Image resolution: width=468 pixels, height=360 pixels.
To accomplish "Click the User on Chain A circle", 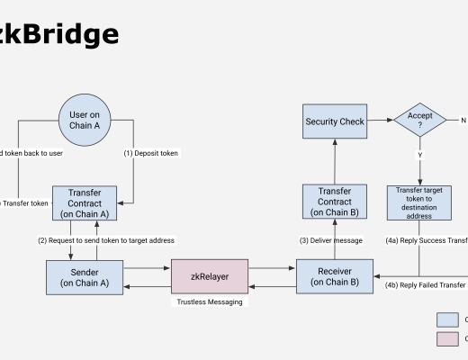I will pos(84,120).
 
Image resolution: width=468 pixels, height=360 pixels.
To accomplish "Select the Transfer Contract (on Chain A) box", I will pos(84,203).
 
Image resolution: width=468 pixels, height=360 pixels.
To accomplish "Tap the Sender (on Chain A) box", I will pos(84,276).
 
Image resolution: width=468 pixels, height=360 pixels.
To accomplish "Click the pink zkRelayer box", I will pos(209,276).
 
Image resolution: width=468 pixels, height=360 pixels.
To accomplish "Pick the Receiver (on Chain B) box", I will pos(334,276).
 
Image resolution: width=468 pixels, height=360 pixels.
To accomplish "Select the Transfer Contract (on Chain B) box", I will pos(334,202).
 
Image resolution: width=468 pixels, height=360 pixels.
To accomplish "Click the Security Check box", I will pos(334,121).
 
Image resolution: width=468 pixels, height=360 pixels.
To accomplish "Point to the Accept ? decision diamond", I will pos(419,120).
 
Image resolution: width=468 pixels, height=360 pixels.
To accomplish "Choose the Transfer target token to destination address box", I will pos(419,203).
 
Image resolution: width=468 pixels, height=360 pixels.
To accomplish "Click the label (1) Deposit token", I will pos(150,153).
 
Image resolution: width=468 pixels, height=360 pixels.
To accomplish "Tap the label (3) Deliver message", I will pos(331,240).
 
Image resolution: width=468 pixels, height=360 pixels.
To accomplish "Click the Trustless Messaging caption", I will pos(209,302).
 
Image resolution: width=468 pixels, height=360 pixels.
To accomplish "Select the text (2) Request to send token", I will pos(106,240).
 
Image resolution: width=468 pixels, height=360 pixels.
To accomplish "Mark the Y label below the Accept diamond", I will pos(419,155).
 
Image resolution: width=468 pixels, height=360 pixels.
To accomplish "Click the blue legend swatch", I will pos(447,319).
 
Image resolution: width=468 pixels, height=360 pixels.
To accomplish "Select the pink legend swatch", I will pos(447,338).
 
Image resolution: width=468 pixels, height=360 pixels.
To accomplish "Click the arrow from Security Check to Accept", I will pos(380,120).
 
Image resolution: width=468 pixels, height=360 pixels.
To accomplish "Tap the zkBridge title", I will pos(58,34).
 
